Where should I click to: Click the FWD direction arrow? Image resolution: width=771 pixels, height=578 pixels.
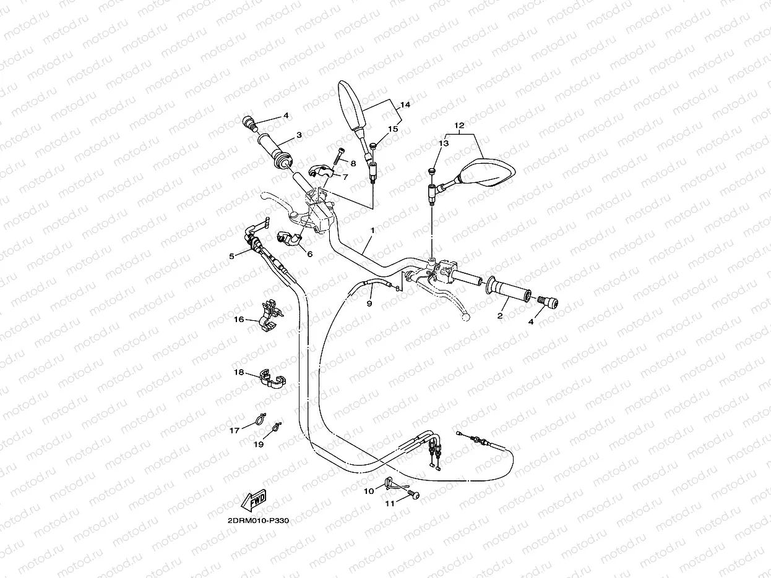point(254,499)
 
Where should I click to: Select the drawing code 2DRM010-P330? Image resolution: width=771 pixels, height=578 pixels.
point(258,520)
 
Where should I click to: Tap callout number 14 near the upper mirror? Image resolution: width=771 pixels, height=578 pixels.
point(405,104)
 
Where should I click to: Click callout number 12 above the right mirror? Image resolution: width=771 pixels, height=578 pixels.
point(459,125)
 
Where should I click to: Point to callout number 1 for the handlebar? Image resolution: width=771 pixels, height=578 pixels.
point(373,231)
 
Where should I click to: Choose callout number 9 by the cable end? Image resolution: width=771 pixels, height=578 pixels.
point(369,303)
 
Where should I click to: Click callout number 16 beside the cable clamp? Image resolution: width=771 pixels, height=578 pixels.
point(239,320)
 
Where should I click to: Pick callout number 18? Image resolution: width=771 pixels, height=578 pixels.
point(239,372)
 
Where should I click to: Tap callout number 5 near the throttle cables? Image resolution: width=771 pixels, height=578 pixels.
point(231,256)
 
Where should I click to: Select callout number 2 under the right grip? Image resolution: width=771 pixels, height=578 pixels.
point(500,315)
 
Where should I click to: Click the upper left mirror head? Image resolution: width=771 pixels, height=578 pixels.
point(351,105)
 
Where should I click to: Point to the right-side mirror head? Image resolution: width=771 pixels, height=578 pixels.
point(487,172)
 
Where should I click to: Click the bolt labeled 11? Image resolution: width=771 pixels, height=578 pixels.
point(414,495)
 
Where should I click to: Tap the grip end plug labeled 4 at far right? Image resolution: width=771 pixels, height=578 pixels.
point(548,302)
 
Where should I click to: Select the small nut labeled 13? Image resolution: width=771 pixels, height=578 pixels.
point(432,171)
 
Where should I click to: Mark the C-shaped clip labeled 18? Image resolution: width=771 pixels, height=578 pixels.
point(272,378)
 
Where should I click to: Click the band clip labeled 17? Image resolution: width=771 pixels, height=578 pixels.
point(259,419)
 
